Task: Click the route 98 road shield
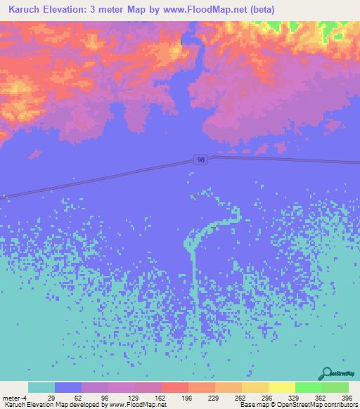click(201, 161)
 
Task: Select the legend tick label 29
click(51, 397)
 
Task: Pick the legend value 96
click(105, 397)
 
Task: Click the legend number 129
click(131, 397)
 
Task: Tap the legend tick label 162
click(158, 397)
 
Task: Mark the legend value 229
click(212, 397)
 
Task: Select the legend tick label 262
click(238, 397)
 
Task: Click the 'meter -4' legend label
click(14, 397)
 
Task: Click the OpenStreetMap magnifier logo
click(327, 374)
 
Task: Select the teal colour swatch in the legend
click(41, 387)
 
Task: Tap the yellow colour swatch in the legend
click(281, 387)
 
